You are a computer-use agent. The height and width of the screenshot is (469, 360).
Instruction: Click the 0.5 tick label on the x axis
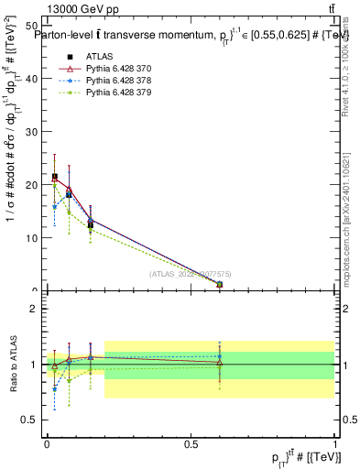point(191,443)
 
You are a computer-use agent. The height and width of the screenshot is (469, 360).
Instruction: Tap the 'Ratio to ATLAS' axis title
point(12,365)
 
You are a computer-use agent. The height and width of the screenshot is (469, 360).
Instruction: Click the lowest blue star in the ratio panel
point(55,388)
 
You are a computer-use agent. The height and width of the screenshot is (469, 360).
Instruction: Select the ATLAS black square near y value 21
point(55,177)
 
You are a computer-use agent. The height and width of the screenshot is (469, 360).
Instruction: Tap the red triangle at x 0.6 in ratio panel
point(219,363)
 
